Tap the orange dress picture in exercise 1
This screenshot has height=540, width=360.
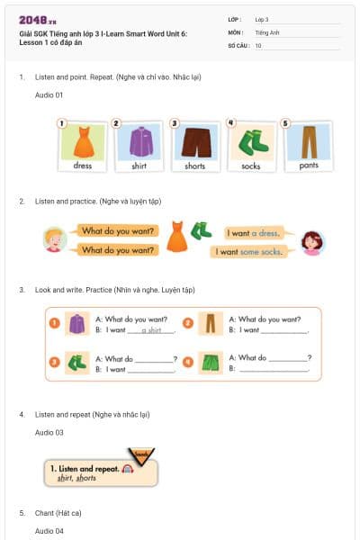click(83, 141)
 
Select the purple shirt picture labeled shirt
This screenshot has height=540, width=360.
click(139, 141)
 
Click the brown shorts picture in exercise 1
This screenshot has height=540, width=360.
click(195, 141)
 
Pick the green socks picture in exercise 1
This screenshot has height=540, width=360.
click(251, 141)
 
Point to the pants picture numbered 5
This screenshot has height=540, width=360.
click(308, 141)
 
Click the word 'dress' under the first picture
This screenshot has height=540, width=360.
click(83, 166)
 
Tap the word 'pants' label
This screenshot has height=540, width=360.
click(308, 166)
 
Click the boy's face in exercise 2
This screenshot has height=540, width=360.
click(56, 239)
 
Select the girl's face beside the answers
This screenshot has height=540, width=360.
click(312, 241)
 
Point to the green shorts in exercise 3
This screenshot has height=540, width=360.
click(210, 363)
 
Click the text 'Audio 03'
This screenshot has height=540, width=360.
click(49, 433)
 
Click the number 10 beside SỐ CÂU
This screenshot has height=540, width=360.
click(258, 45)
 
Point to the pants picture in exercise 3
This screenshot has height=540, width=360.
click(210, 324)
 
